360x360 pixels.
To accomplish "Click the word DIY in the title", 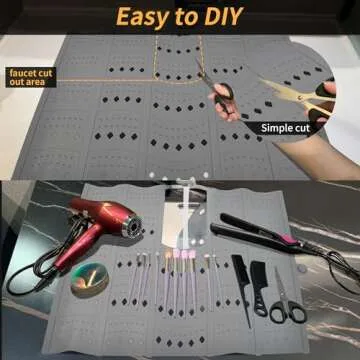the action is pyautogui.click(x=224, y=16).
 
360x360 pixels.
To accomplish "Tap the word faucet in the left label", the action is pyautogui.click(x=22, y=73).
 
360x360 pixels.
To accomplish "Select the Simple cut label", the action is pyautogui.click(x=285, y=128).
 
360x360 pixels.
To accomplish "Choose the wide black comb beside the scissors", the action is pyautogui.click(x=259, y=287).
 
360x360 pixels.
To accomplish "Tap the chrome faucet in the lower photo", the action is pyautogui.click(x=186, y=213).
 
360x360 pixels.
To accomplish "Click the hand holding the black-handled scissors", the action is pyautogui.click(x=223, y=103).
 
